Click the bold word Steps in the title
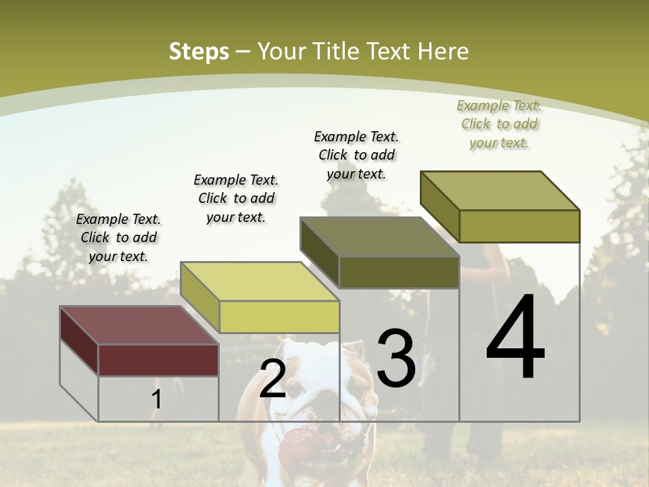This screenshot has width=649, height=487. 199,51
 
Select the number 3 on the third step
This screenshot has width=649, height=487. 395,358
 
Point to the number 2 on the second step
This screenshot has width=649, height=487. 272,379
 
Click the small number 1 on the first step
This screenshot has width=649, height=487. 156,400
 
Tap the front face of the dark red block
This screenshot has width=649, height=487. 158,360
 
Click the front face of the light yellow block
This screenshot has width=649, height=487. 279,317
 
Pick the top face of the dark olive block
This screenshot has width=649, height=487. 379,237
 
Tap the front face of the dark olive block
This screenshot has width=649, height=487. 399,272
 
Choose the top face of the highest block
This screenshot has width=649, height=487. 500,190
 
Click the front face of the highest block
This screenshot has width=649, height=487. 519,226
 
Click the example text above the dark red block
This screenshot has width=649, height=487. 118,237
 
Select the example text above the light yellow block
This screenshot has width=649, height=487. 236,198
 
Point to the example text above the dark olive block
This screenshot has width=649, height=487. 356,155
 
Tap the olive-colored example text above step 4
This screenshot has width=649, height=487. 499,124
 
